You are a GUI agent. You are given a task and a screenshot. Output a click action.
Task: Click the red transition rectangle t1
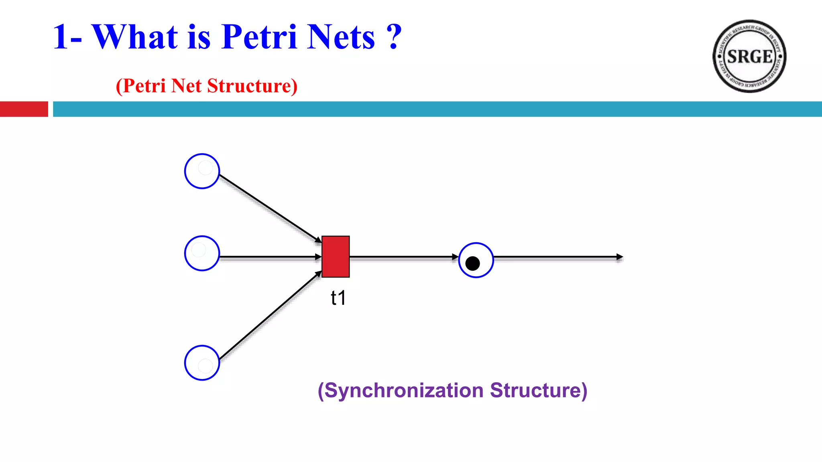(x=336, y=257)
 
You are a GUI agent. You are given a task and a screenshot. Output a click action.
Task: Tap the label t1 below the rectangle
(x=338, y=298)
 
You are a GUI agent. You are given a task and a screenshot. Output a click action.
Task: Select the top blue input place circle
(x=202, y=171)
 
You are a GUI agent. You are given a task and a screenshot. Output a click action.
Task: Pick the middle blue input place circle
(x=202, y=253)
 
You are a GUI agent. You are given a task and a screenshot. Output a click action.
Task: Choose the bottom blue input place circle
(x=202, y=363)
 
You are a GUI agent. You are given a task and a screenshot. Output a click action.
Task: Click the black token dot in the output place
(x=472, y=263)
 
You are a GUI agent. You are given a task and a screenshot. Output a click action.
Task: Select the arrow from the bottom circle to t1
(x=269, y=316)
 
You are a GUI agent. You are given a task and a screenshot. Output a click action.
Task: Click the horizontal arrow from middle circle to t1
(x=269, y=257)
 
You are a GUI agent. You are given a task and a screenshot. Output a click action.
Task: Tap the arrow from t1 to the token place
(x=403, y=257)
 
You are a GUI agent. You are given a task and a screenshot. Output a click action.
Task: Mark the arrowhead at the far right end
(x=620, y=257)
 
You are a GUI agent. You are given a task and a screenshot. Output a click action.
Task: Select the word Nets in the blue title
(x=341, y=37)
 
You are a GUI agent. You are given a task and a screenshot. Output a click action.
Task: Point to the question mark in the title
(x=395, y=37)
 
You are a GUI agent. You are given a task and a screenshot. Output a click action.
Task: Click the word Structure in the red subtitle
(x=252, y=86)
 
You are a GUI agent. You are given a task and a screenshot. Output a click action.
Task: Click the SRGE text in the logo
(x=749, y=57)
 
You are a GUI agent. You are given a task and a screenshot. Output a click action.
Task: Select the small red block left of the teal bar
(x=24, y=109)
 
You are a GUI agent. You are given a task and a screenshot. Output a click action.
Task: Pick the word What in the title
(x=135, y=37)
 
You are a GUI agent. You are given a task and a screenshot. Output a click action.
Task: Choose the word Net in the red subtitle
(x=186, y=86)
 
